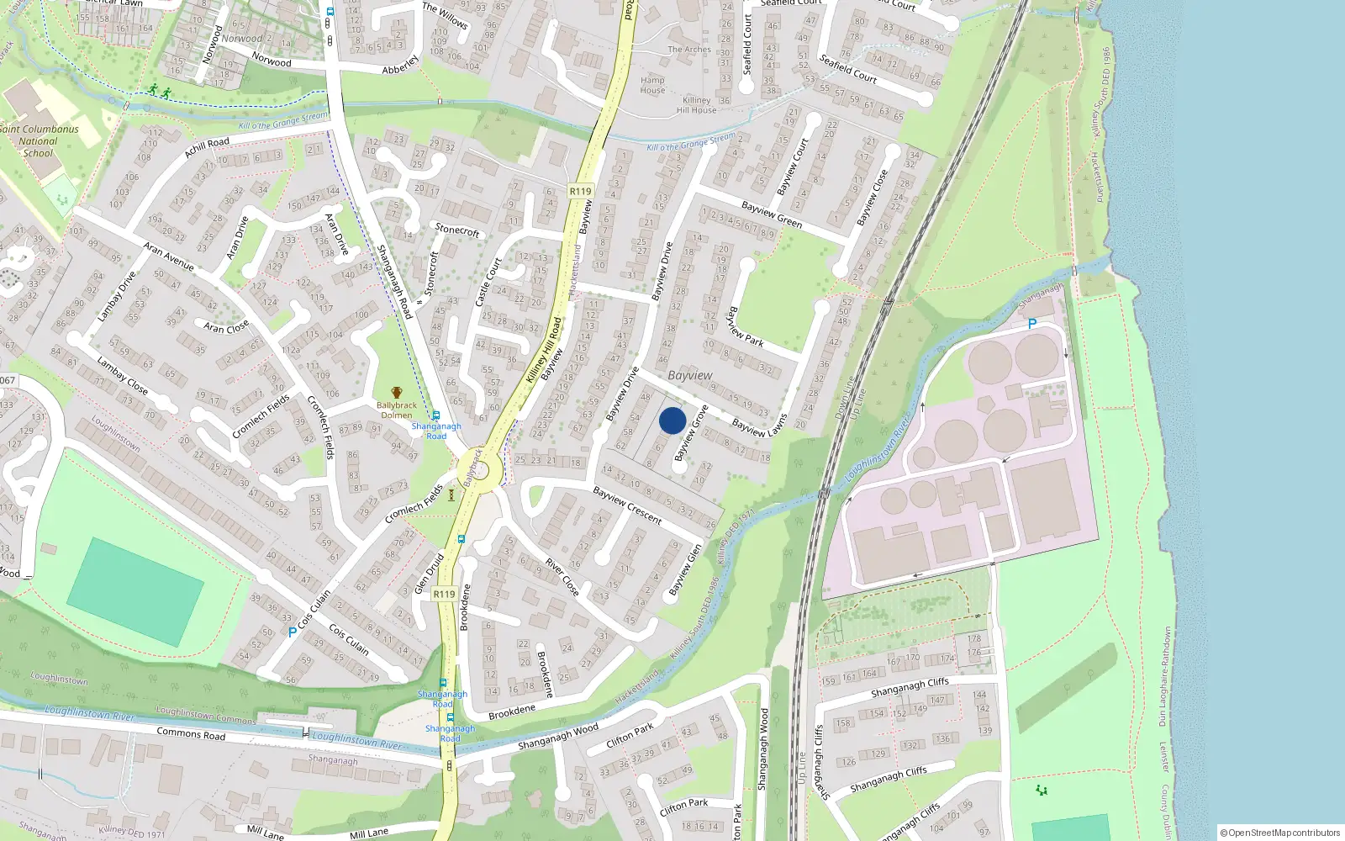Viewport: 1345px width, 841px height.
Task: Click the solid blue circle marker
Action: [672, 420]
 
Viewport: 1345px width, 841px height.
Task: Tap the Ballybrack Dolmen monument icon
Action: [397, 393]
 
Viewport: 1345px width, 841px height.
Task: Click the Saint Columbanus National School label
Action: [39, 140]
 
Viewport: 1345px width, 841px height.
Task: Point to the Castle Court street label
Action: [488, 283]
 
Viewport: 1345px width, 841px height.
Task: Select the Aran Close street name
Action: [226, 326]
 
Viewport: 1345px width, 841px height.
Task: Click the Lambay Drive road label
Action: [117, 297]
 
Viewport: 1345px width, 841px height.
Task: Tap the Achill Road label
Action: [207, 148]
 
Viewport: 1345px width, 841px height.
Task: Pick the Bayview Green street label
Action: [772, 214]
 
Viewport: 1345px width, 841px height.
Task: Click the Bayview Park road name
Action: [745, 326]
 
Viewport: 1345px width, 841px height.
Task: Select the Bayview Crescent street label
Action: [628, 505]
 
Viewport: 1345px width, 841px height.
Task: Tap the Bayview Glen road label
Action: [685, 570]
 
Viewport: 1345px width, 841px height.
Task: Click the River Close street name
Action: [562, 578]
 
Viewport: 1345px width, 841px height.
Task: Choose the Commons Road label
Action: [191, 733]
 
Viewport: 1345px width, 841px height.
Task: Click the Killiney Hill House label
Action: [697, 105]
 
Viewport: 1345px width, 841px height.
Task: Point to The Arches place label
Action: [689, 50]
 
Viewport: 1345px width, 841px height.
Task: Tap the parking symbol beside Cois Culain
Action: [293, 632]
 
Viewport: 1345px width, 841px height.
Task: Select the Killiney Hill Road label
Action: [544, 350]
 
